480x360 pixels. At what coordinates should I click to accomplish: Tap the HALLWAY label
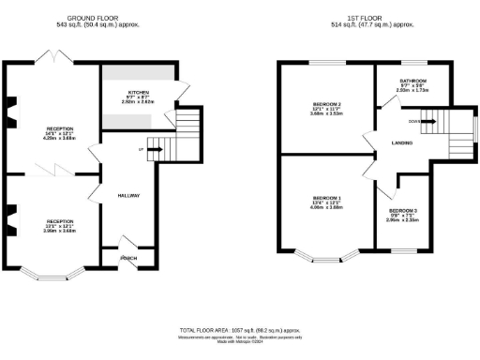128,195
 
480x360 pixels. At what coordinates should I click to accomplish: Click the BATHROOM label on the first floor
412,81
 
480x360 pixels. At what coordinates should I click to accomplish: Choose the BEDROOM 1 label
326,198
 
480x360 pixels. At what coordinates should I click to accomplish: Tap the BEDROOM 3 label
403,210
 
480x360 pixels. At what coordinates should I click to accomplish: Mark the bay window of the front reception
52,274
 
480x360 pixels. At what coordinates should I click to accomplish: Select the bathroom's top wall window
412,62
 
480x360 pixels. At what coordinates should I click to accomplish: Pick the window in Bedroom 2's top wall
326,62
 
